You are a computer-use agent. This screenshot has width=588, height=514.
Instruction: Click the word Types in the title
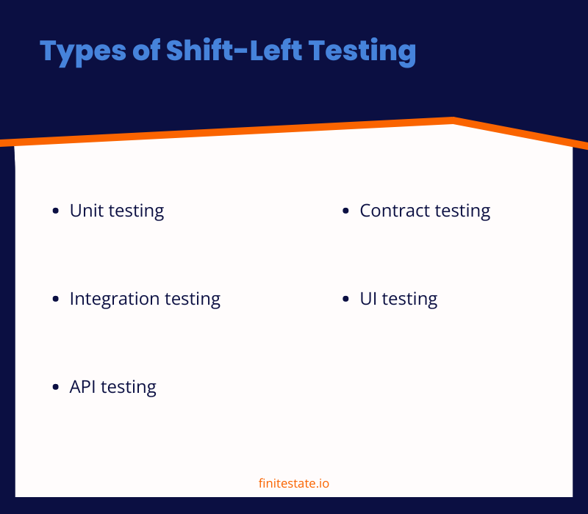pos(74,51)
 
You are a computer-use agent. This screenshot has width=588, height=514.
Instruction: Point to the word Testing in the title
pos(362,51)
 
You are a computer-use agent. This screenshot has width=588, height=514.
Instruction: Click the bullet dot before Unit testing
pos(56,211)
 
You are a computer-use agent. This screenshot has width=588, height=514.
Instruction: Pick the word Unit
pos(86,211)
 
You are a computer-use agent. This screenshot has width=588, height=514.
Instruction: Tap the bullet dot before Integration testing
pos(56,300)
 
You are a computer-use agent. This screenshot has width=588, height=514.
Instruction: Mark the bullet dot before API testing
pos(56,388)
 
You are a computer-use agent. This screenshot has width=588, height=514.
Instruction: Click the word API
pos(83,387)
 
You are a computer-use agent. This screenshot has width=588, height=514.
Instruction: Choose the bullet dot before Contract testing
pos(346,211)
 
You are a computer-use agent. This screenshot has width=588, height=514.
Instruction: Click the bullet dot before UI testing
pos(346,300)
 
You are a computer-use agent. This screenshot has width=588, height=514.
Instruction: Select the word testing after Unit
pos(136,211)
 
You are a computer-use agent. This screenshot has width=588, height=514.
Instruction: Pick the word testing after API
pos(129,388)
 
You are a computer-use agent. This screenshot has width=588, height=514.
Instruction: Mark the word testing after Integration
pos(193,300)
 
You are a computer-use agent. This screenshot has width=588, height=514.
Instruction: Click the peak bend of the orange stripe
pos(453,120)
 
